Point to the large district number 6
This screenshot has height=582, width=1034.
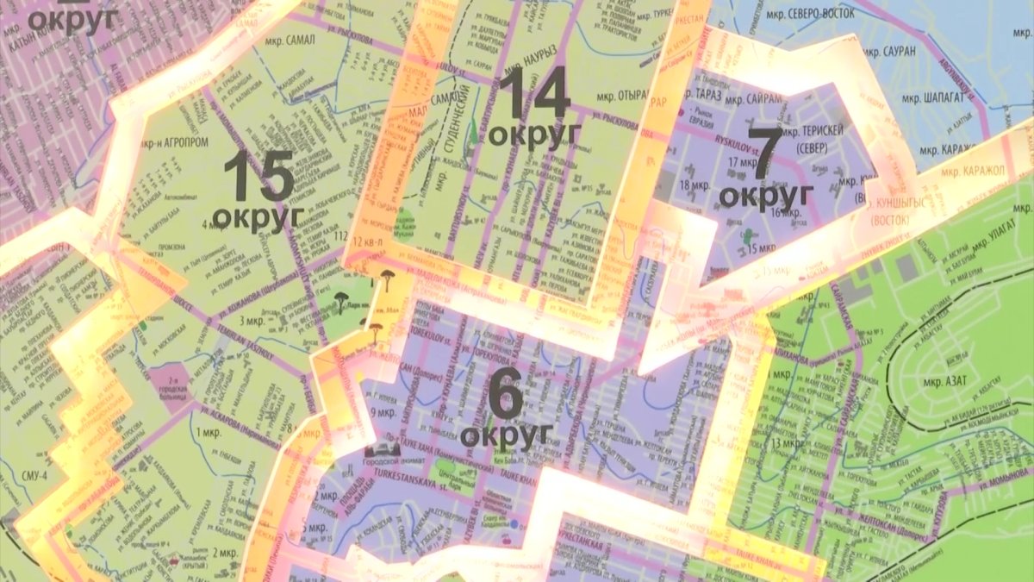(x=505, y=396)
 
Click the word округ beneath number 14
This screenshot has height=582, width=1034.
(x=534, y=134)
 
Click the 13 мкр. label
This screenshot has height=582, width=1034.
(x=786, y=443)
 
